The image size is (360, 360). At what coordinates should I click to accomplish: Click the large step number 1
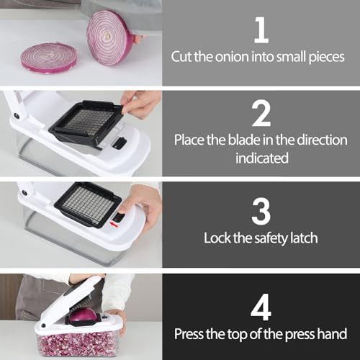(261, 30)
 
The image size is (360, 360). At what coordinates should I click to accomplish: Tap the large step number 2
(261, 113)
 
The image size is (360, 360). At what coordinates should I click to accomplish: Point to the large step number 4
(261, 307)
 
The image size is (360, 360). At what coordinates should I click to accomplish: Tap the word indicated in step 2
(262, 158)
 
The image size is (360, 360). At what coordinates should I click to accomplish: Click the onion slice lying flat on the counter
(49, 58)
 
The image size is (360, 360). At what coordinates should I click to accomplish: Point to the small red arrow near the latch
(114, 225)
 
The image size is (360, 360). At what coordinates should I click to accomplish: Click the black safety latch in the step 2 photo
(120, 143)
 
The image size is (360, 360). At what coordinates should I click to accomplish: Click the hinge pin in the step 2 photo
(17, 115)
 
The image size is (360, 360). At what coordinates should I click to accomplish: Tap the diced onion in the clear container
(78, 343)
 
